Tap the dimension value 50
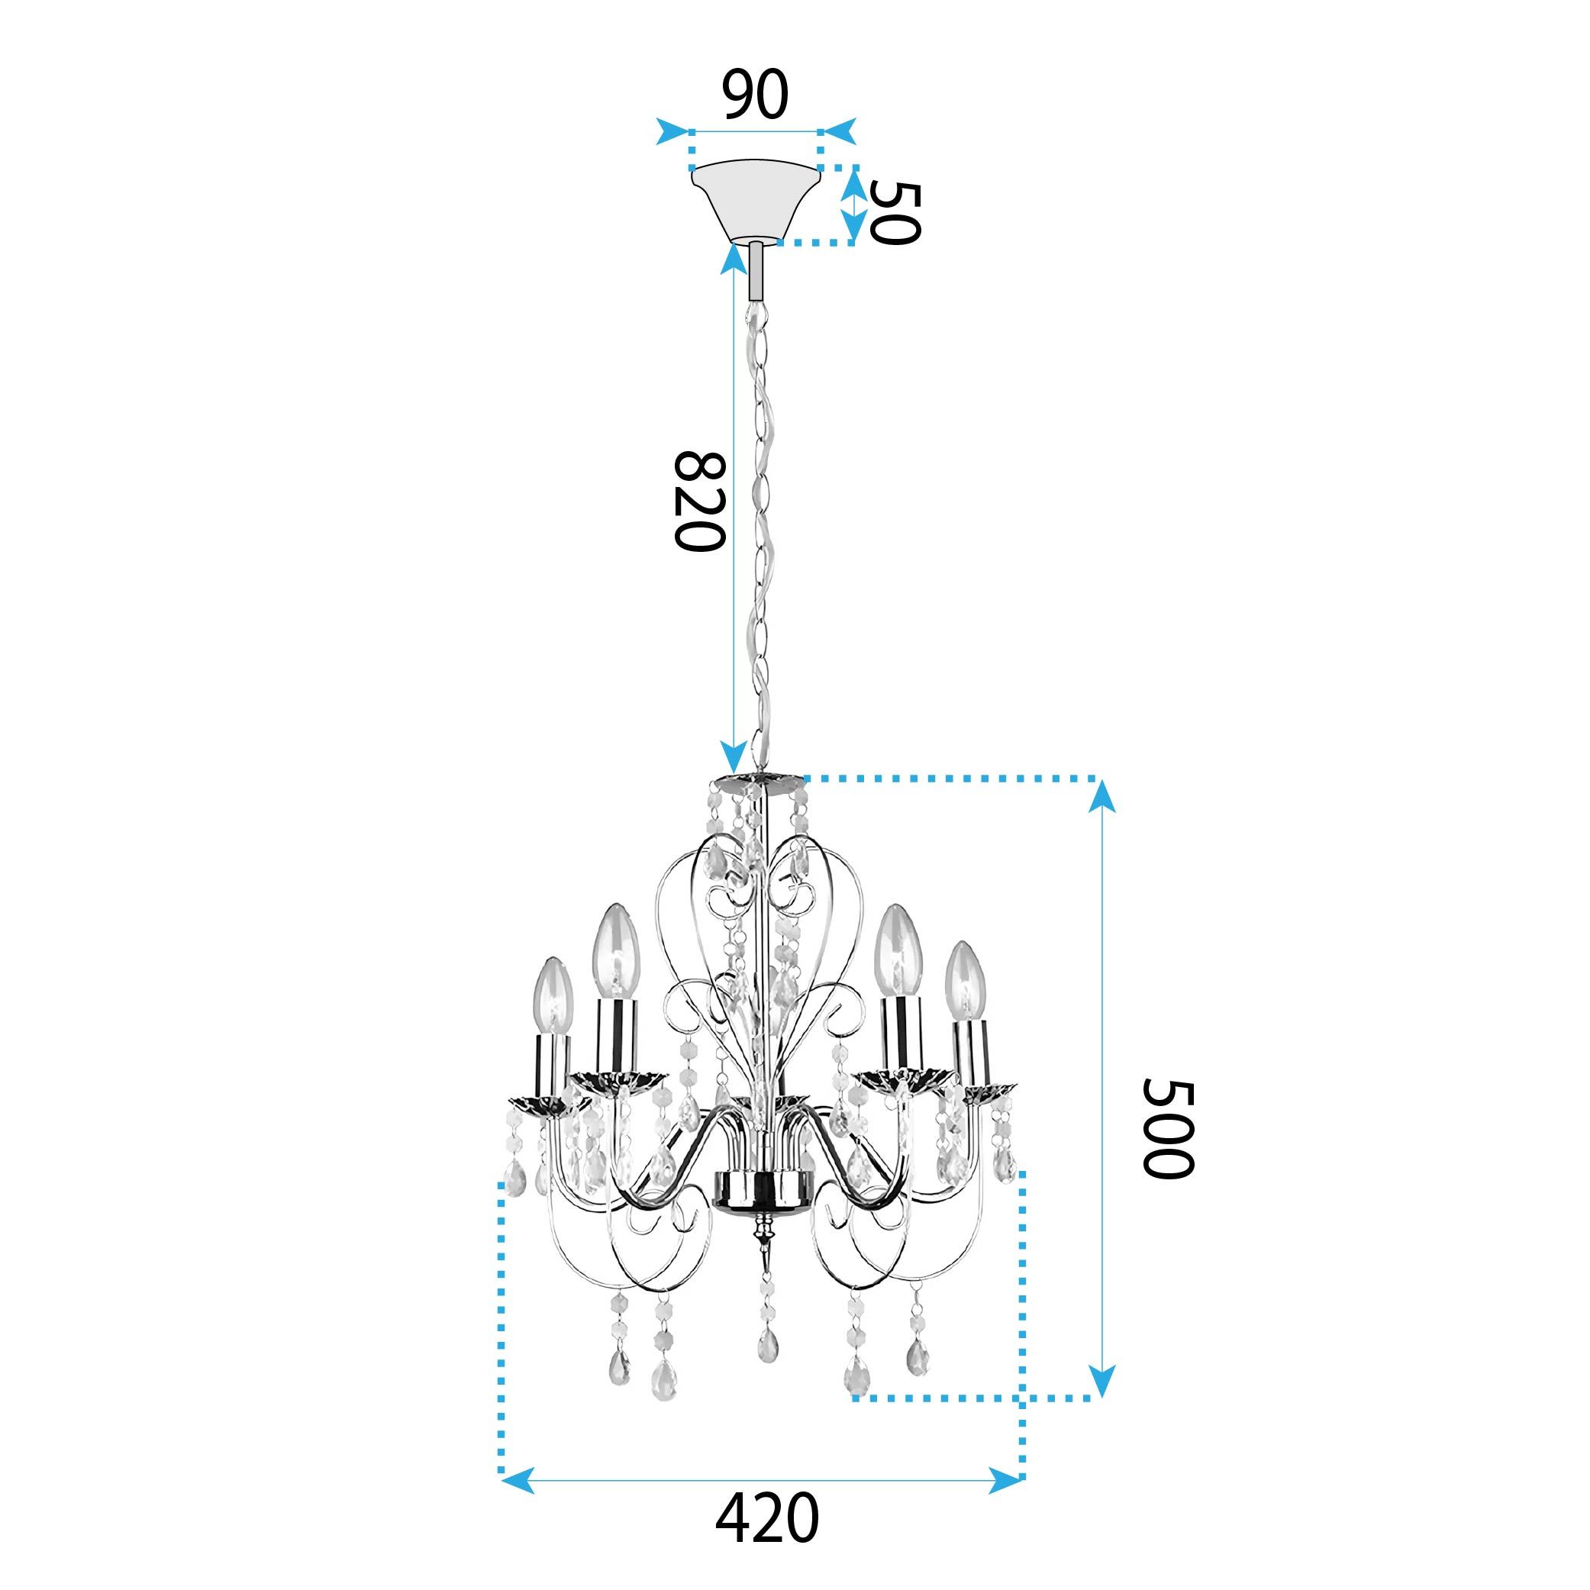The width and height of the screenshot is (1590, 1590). tap(895, 213)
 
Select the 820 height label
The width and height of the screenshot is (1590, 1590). tap(699, 502)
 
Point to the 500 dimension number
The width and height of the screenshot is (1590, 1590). tap(1167, 1128)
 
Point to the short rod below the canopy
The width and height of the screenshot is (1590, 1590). tap(756, 273)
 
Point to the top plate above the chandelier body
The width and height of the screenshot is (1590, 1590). tap(756, 778)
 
